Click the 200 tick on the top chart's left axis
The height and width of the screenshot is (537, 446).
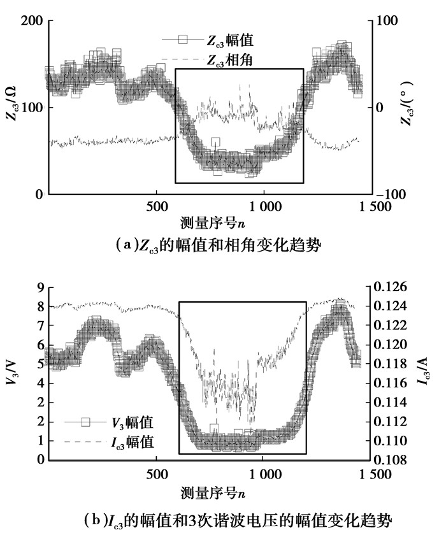coord(29,21)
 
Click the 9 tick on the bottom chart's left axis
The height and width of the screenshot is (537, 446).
coord(39,287)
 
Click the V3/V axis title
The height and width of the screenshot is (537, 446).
coord(11,373)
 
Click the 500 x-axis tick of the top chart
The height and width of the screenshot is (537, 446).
coord(156,206)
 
